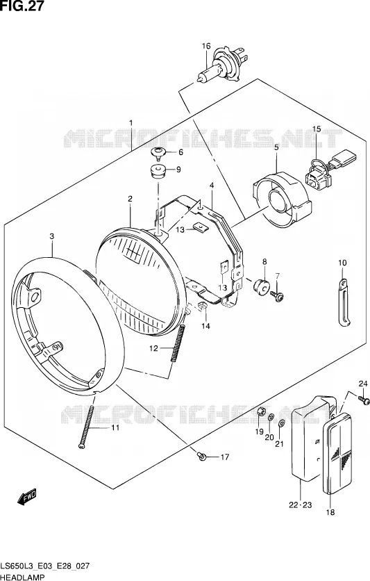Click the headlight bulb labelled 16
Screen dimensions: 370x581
pyautogui.click(x=221, y=66)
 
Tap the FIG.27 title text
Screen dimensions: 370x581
pyautogui.click(x=22, y=6)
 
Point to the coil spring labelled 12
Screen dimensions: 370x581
pyautogui.click(x=178, y=343)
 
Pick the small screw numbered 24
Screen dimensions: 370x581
pyautogui.click(x=364, y=400)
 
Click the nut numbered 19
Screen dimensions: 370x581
pyautogui.click(x=260, y=412)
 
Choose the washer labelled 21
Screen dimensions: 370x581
pyautogui.click(x=281, y=423)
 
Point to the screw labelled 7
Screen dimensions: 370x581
pyautogui.click(x=277, y=295)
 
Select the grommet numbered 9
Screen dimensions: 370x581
pyautogui.click(x=158, y=172)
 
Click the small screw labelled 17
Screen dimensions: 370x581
pyautogui.click(x=202, y=457)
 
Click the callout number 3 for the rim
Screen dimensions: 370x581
pyautogui.click(x=52, y=236)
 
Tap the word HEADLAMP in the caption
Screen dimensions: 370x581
pyautogui.click(x=22, y=577)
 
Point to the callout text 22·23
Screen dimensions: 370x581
pyautogui.click(x=301, y=505)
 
